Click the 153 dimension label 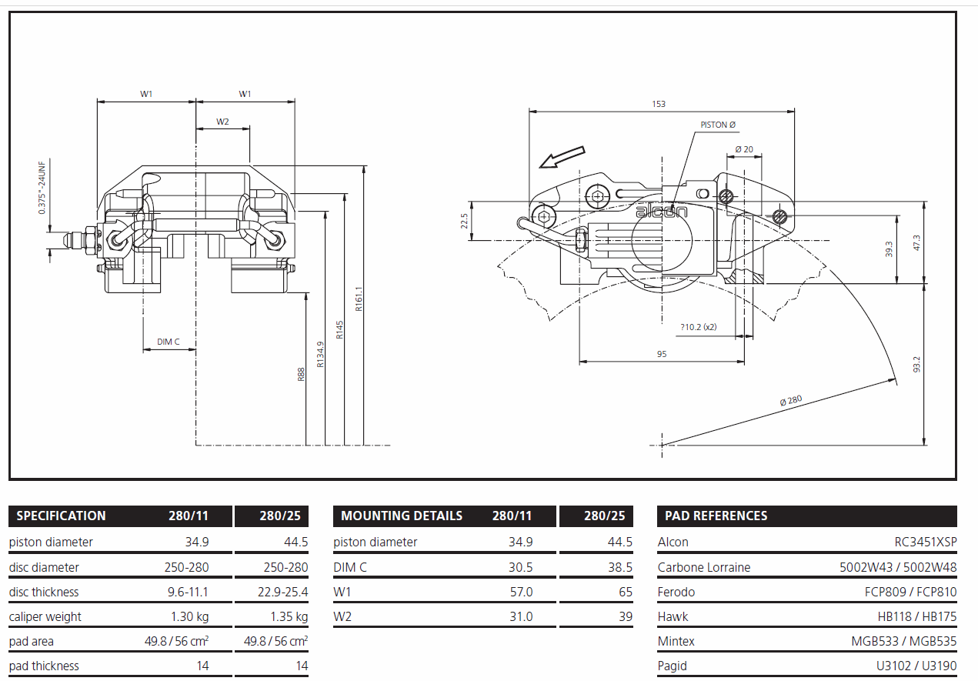pos(659,104)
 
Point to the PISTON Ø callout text pos(718,125)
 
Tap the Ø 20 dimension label pos(744,149)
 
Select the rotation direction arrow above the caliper pos(562,157)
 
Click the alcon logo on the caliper pos(661,212)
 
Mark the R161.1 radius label pos(359,299)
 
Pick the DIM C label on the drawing pos(168,342)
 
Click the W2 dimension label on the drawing pos(222,122)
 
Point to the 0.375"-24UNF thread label pos(42,188)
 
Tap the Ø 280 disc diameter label pos(791,400)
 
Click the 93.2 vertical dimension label pos(916,365)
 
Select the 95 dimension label pos(662,354)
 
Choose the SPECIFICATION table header pos(61,516)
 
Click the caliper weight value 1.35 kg pos(289,616)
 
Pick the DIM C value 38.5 pos(620,567)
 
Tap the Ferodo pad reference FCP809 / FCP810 pos(910,592)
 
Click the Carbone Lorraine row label pos(704,567)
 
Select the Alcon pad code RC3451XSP pos(926,542)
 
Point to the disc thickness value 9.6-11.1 pos(188,592)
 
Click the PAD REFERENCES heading pos(716,516)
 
